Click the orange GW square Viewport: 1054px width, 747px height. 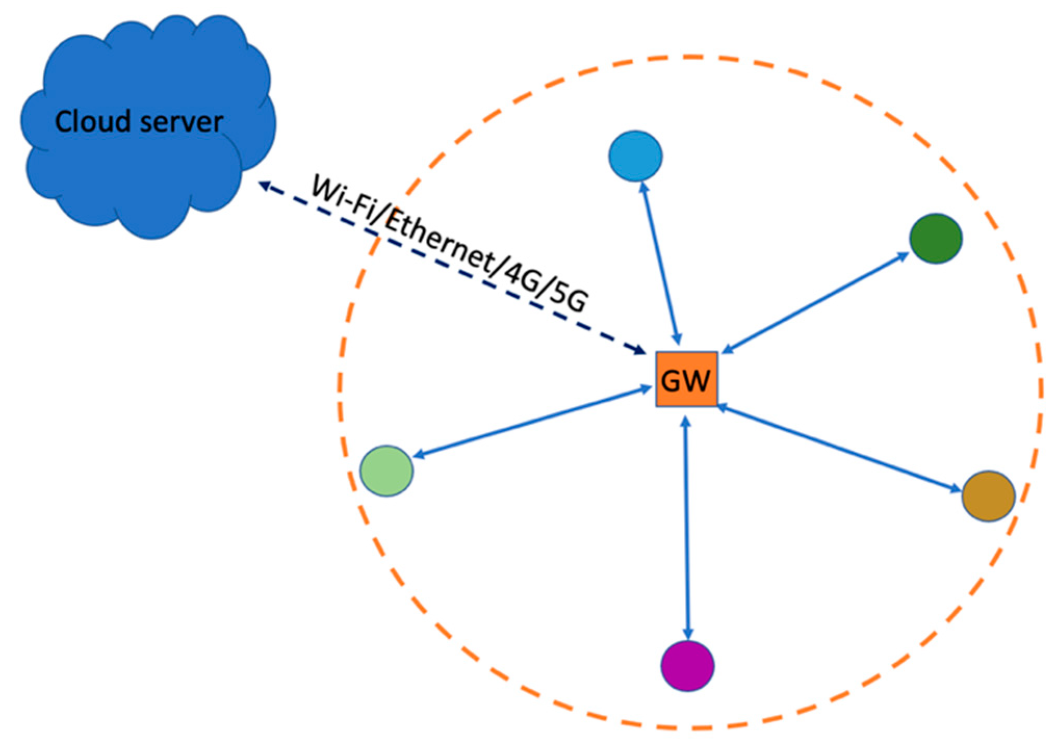(686, 379)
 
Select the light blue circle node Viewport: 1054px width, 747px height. (635, 155)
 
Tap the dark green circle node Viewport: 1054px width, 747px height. (935, 238)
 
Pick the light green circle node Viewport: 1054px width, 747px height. (386, 470)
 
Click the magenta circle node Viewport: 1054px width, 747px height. (687, 666)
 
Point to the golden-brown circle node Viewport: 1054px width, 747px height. (988, 496)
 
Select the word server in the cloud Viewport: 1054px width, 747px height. (181, 123)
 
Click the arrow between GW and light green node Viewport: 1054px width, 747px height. (530, 423)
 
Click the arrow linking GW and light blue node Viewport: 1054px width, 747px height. (661, 263)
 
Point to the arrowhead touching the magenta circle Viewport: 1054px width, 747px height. (687, 635)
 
